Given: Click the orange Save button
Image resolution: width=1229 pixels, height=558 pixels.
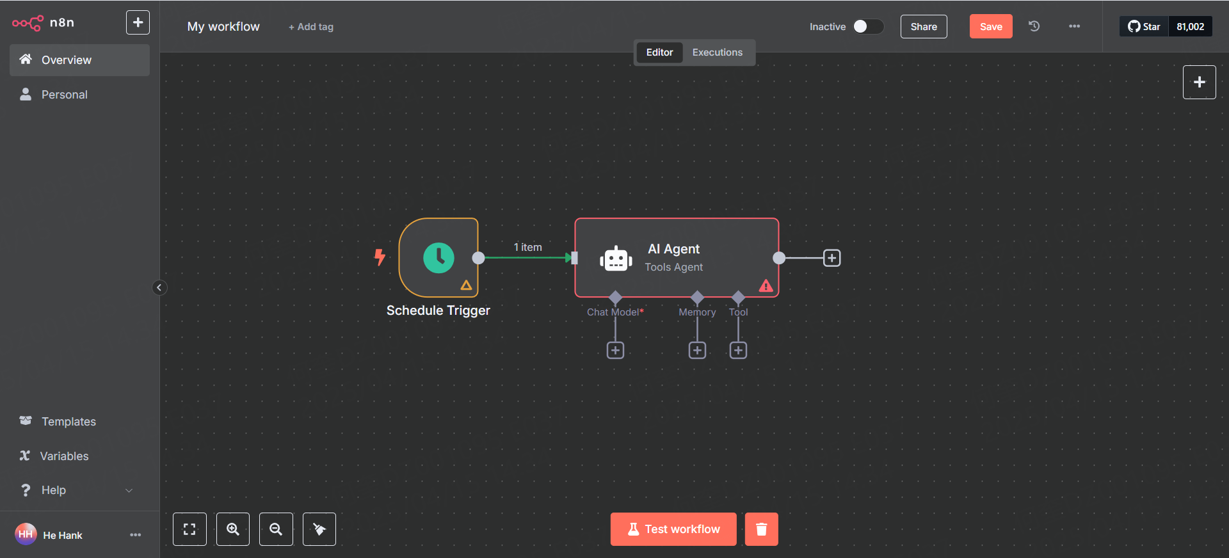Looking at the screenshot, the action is click(990, 26).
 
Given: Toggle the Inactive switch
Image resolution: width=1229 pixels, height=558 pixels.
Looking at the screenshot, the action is click(868, 26).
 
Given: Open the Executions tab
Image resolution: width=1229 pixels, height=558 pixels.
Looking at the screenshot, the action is click(717, 52).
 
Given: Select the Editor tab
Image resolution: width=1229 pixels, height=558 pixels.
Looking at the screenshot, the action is click(659, 52).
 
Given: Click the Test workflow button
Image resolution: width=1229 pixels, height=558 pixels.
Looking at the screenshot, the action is click(673, 529).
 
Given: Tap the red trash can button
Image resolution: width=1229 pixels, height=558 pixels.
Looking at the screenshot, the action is click(761, 529).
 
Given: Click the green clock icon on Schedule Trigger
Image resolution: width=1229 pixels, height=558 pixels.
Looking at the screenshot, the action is click(438, 258).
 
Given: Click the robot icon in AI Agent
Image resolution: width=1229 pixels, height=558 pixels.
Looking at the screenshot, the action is click(616, 259).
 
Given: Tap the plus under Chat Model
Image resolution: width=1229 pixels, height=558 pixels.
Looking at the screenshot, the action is click(615, 351).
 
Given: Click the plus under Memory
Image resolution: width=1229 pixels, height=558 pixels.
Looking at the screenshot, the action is click(697, 351).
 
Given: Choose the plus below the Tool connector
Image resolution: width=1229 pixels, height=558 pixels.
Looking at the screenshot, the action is click(738, 351).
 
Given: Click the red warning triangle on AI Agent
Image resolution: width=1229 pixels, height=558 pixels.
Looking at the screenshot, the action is click(766, 286).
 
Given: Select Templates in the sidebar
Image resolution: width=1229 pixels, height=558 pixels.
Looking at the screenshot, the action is click(68, 422).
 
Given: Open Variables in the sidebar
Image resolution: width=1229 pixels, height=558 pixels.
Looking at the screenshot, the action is click(64, 456).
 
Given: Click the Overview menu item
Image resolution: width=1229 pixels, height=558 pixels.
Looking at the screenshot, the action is click(66, 60).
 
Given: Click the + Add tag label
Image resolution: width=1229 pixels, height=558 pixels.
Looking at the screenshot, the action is click(311, 27).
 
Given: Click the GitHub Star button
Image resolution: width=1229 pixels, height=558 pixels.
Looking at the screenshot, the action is click(1144, 26).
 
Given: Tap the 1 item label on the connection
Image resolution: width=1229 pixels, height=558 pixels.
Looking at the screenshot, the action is click(527, 247).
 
